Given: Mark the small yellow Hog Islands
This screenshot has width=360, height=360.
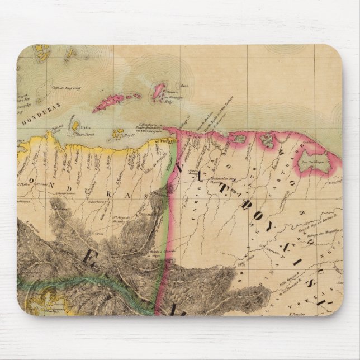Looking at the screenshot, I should tap(119, 134).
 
